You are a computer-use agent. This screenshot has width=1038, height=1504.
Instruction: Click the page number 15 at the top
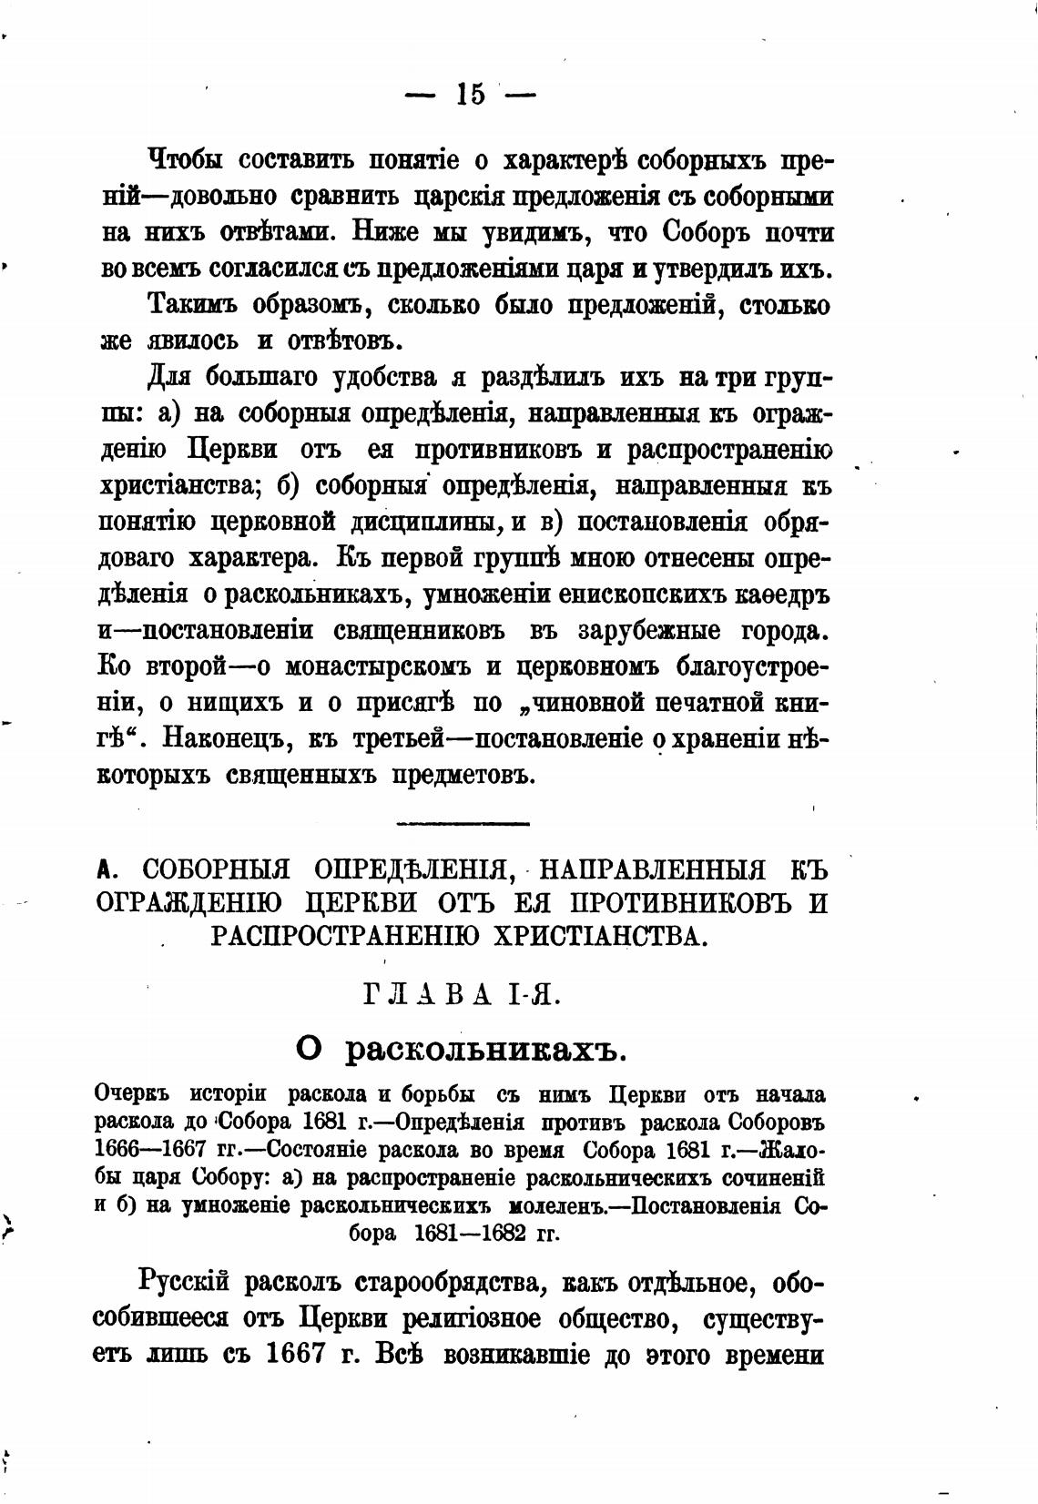click(470, 94)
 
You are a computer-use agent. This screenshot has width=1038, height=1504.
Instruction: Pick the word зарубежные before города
click(628, 631)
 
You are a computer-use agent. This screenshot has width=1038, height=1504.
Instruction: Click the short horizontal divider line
click(464, 824)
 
